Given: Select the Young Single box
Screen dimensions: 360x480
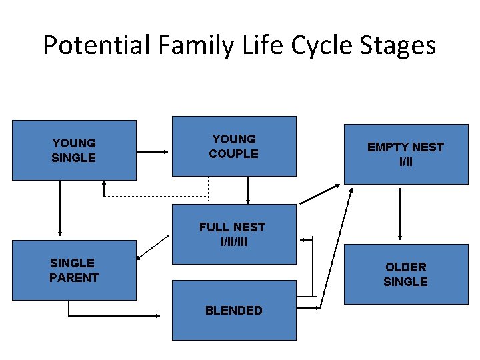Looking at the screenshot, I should (74, 150).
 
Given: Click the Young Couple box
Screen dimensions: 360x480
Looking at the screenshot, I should (234, 147).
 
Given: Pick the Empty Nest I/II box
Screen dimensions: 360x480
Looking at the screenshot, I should (405, 154).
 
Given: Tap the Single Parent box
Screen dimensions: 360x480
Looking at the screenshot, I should (74, 270).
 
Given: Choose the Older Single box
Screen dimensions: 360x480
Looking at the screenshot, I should (405, 274).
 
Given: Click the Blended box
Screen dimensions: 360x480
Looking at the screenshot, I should (234, 311).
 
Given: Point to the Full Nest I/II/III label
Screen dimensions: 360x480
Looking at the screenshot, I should (232, 234).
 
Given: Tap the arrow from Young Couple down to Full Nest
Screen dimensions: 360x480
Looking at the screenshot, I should (248, 190).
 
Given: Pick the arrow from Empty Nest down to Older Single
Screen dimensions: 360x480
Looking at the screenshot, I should (400, 213).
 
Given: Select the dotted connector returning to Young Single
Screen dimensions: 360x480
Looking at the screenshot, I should (157, 197).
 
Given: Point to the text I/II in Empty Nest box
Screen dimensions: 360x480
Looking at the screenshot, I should (405, 161).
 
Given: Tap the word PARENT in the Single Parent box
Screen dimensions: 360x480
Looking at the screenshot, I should (74, 278).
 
